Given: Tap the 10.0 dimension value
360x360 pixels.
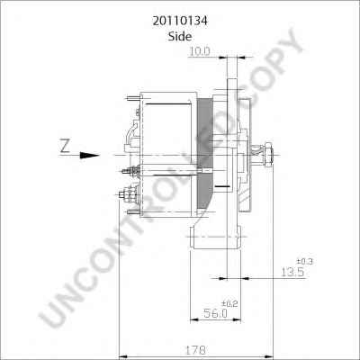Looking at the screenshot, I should [199, 52].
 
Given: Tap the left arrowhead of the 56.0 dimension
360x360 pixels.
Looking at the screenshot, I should [192, 317].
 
